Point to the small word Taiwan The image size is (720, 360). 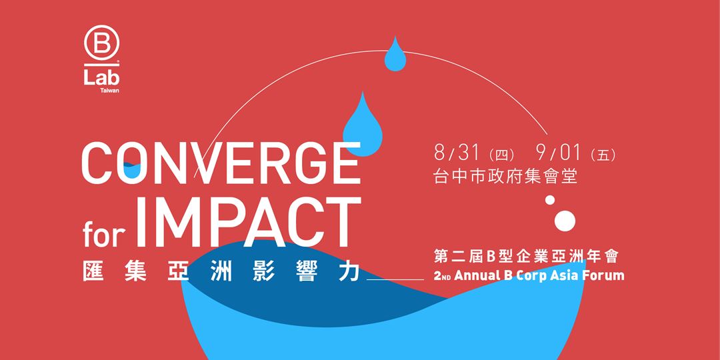coord(110,91)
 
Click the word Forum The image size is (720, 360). coord(604,275)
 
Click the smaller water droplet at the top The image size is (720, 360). coord(395,55)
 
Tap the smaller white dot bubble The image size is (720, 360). coord(550,200)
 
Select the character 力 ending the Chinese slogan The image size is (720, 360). coord(351,272)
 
